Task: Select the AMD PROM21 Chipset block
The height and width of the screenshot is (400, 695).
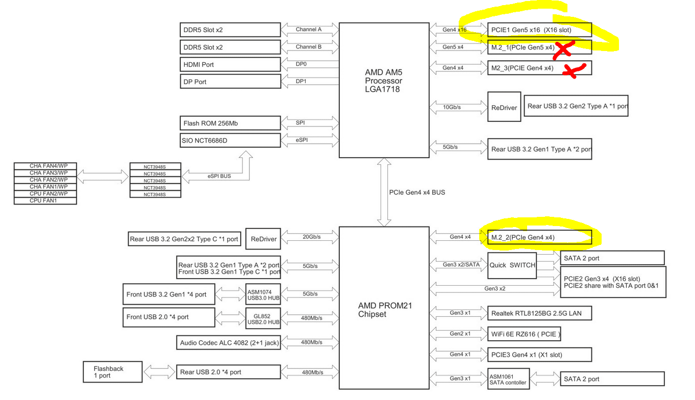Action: tap(384, 309)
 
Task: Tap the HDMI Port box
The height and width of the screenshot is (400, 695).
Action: tap(230, 64)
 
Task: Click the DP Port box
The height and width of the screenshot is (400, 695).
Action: tap(230, 82)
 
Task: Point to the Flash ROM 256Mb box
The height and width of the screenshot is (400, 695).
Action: tap(230, 123)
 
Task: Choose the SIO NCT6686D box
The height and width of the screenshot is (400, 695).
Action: tap(230, 140)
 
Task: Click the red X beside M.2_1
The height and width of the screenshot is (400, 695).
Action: tap(563, 49)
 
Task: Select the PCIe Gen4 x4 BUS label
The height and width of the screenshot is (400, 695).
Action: tap(417, 193)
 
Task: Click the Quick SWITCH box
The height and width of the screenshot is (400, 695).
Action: tap(512, 265)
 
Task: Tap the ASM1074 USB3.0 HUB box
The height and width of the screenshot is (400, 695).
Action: tap(263, 294)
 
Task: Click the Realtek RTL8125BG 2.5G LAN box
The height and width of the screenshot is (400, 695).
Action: tap(539, 313)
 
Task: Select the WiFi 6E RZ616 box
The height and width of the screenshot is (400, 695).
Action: tap(524, 334)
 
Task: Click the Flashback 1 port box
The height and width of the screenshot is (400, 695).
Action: tap(112, 372)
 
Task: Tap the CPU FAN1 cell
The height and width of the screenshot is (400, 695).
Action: tap(45, 201)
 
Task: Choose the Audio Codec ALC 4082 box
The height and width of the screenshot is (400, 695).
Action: tap(229, 343)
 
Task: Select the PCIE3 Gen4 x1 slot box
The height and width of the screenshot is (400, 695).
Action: tap(539, 355)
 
